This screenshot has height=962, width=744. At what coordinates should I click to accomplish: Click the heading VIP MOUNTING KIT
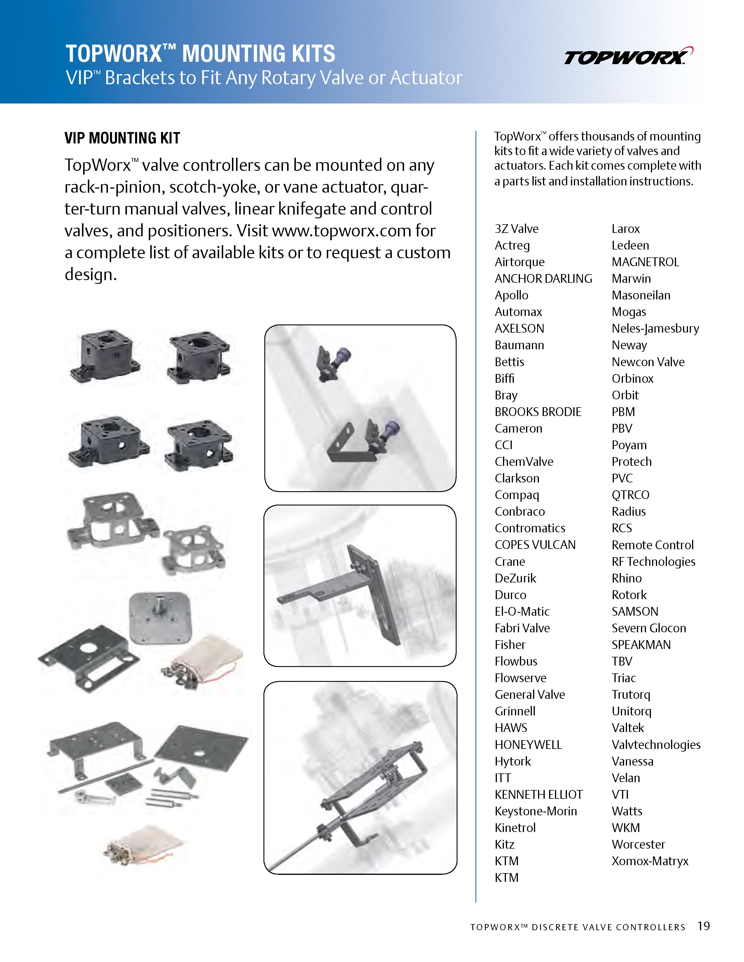coord(122,138)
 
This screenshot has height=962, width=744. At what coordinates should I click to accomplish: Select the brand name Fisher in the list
coord(510,645)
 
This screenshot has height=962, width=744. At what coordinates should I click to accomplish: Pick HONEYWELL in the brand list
coord(528,745)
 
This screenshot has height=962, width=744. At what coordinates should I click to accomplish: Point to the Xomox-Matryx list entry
coord(650,861)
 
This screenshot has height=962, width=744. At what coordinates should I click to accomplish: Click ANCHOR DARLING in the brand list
coord(543,279)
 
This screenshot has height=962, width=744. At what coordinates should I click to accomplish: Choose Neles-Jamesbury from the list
coord(655,329)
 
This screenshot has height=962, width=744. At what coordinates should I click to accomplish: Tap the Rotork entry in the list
coord(629,595)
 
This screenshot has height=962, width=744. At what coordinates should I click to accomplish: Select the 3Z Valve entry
coord(516,229)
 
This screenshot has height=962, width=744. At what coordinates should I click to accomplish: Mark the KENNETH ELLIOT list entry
coord(539,795)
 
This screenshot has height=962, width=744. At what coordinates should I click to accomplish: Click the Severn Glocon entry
coord(648,628)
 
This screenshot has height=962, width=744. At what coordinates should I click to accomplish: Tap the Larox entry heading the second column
coord(626,229)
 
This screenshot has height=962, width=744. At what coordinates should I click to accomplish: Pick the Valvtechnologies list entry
coord(656,745)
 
